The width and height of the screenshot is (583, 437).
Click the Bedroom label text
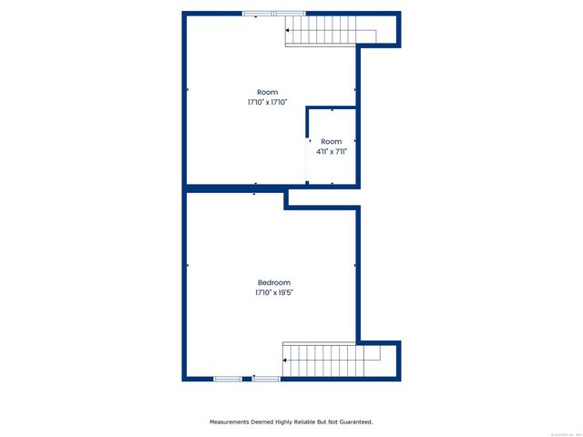coord(273,282)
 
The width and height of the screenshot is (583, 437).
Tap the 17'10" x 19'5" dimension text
coord(273,293)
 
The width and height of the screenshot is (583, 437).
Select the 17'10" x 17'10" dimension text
coord(267,103)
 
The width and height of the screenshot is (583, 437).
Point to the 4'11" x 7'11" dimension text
coord(331,152)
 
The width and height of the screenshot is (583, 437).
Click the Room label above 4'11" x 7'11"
coord(331,141)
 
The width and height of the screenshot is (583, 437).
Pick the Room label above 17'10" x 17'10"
coord(267,92)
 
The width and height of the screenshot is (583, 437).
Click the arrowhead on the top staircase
coord(288,31)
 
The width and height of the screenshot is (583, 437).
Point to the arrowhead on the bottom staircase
coord(286,361)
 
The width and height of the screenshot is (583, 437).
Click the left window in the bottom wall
coord(227,378)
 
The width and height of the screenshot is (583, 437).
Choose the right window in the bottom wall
coord(267,378)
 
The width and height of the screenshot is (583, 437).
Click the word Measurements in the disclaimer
coord(232,422)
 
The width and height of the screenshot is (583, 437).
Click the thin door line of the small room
coord(304,161)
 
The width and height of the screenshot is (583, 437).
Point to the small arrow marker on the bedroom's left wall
coord(188,266)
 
